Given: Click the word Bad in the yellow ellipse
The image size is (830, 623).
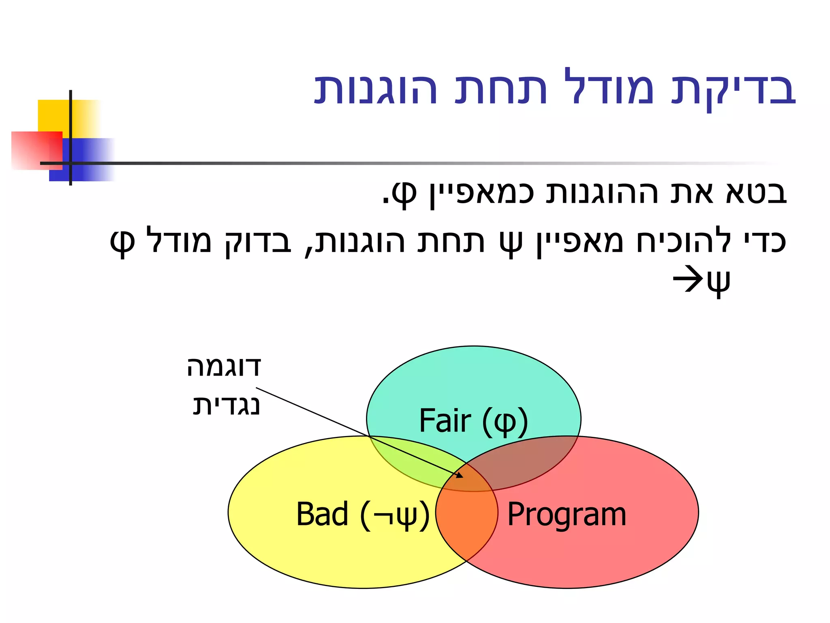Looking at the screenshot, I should (x=322, y=514).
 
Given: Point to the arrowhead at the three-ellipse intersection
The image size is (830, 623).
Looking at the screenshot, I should (x=460, y=475).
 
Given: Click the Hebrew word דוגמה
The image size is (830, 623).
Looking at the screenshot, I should (x=224, y=367).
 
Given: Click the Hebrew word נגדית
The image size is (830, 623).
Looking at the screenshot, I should (x=226, y=406).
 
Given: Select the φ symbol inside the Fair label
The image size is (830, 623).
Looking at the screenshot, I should (x=505, y=423).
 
